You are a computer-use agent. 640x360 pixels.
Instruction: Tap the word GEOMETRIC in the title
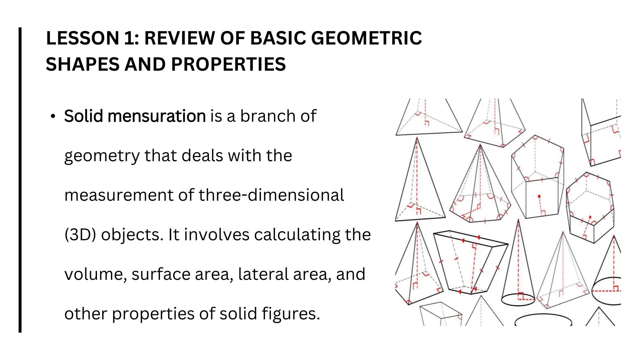pos(366,38)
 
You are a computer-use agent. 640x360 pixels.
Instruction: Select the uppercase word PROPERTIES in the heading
pos(228,64)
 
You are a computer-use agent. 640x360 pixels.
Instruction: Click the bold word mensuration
pos(157,116)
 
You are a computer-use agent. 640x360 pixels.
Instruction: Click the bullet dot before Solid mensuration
pos(53,117)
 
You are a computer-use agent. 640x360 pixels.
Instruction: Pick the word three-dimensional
pos(271,195)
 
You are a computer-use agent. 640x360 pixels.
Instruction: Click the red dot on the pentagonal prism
pos(539,197)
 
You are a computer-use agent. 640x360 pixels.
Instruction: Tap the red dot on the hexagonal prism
pos(590,217)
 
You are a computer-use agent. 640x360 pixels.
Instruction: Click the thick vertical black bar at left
pos(20,180)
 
